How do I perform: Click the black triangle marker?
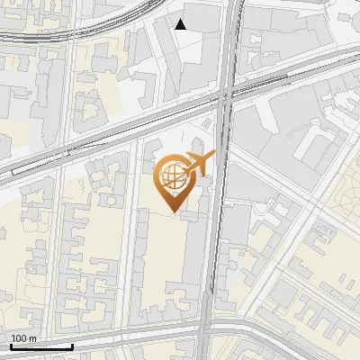[181, 24]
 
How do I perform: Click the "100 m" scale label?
[23, 337]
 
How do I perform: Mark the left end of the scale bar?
[11, 346]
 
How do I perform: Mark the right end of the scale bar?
[72, 346]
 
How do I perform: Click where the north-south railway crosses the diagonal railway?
[225, 91]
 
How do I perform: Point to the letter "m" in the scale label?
[33, 337]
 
